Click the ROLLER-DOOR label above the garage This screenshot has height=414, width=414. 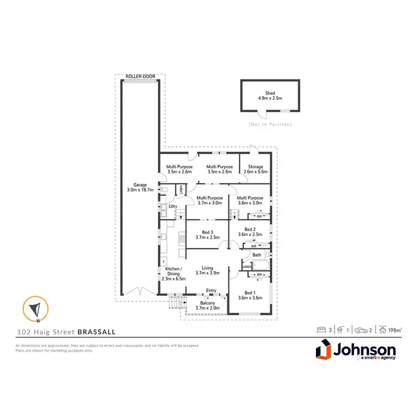point(141,76)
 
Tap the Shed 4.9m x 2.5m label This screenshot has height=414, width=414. point(270,96)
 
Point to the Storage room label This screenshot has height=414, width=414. point(255,169)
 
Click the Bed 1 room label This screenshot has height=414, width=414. point(250,295)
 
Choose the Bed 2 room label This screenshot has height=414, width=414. point(250,232)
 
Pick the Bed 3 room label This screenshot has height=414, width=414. point(208,235)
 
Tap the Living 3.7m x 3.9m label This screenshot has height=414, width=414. point(208,271)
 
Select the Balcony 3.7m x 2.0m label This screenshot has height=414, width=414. point(208,305)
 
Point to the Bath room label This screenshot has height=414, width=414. point(257,254)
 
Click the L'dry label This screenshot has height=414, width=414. point(172,206)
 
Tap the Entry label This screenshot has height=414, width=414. point(211,290)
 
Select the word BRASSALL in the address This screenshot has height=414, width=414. point(97,332)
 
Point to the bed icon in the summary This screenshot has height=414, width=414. point(320,330)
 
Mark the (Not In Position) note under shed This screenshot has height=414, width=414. point(270,124)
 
